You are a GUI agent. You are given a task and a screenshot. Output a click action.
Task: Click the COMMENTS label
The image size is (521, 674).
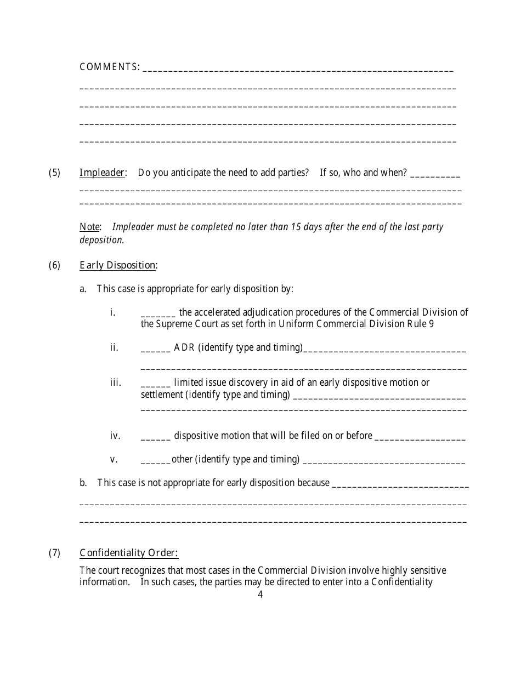point(109,67)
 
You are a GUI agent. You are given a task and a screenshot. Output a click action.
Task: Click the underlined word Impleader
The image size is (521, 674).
point(102,173)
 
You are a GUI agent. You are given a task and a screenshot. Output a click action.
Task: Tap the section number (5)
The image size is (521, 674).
point(54,173)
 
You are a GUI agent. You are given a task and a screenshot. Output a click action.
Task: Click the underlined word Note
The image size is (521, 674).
point(89,227)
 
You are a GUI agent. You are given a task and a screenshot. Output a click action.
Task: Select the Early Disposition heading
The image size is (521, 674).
point(117,265)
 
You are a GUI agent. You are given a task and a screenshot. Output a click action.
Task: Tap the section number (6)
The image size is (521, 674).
point(54,265)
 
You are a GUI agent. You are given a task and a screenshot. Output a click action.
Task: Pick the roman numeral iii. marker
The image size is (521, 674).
point(115,382)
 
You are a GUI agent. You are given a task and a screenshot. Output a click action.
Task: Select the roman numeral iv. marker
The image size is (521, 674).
point(115,436)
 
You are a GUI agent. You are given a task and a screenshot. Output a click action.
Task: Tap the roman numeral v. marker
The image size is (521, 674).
point(114,459)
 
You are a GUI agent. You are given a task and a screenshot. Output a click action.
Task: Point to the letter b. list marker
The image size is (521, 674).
point(83,483)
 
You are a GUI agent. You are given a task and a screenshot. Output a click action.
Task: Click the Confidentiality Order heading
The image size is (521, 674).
point(129,553)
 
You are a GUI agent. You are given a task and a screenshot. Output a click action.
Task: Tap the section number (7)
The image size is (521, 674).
point(54,553)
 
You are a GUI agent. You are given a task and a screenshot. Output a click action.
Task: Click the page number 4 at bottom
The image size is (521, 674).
point(260,595)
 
